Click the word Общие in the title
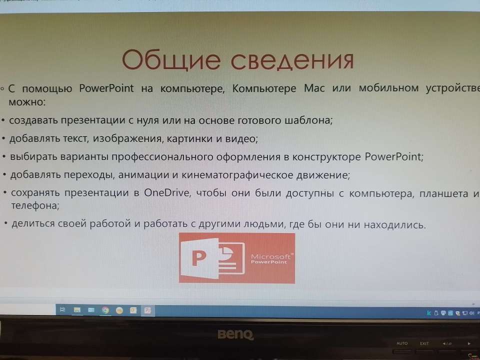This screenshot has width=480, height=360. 171,59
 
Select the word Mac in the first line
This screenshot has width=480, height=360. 314,88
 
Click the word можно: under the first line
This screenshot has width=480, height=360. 27,102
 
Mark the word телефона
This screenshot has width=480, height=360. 35,205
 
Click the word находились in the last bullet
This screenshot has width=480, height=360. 395,225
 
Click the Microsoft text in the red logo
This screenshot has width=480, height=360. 270,256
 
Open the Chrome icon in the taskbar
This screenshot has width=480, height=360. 105,310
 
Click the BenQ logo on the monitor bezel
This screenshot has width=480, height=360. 235,334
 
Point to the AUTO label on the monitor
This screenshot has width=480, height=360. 402,343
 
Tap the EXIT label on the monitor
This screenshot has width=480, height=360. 424,343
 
